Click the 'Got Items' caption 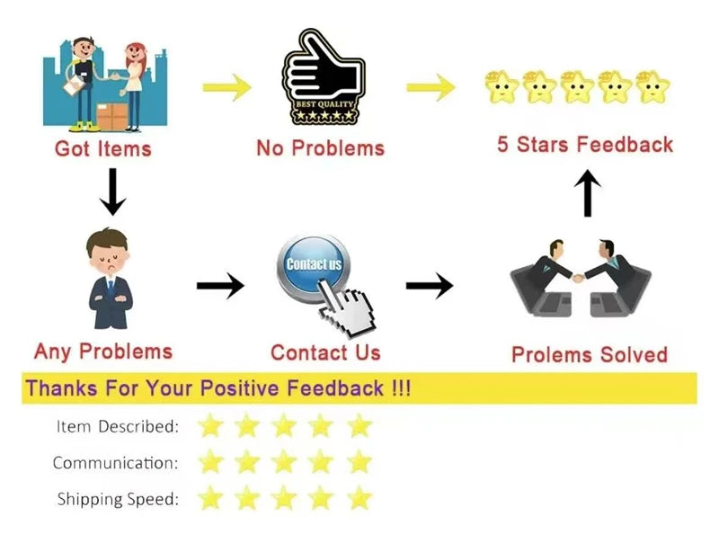(x=102, y=149)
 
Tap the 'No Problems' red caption (x=320, y=148)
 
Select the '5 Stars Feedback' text (x=585, y=144)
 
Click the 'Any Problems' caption (x=103, y=352)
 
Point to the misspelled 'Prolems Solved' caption (x=590, y=355)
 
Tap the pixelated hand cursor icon (x=347, y=308)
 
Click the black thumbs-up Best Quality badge (x=324, y=77)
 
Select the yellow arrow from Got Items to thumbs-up (x=227, y=87)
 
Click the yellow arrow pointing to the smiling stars (x=431, y=87)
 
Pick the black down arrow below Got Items (x=112, y=191)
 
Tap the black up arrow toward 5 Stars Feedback (x=588, y=193)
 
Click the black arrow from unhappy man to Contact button (x=220, y=286)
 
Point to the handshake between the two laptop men (x=578, y=278)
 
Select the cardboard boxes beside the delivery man (x=112, y=117)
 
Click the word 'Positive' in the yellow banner (x=239, y=388)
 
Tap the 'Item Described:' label (x=118, y=426)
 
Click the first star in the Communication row (x=210, y=461)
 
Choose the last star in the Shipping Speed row (x=359, y=498)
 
